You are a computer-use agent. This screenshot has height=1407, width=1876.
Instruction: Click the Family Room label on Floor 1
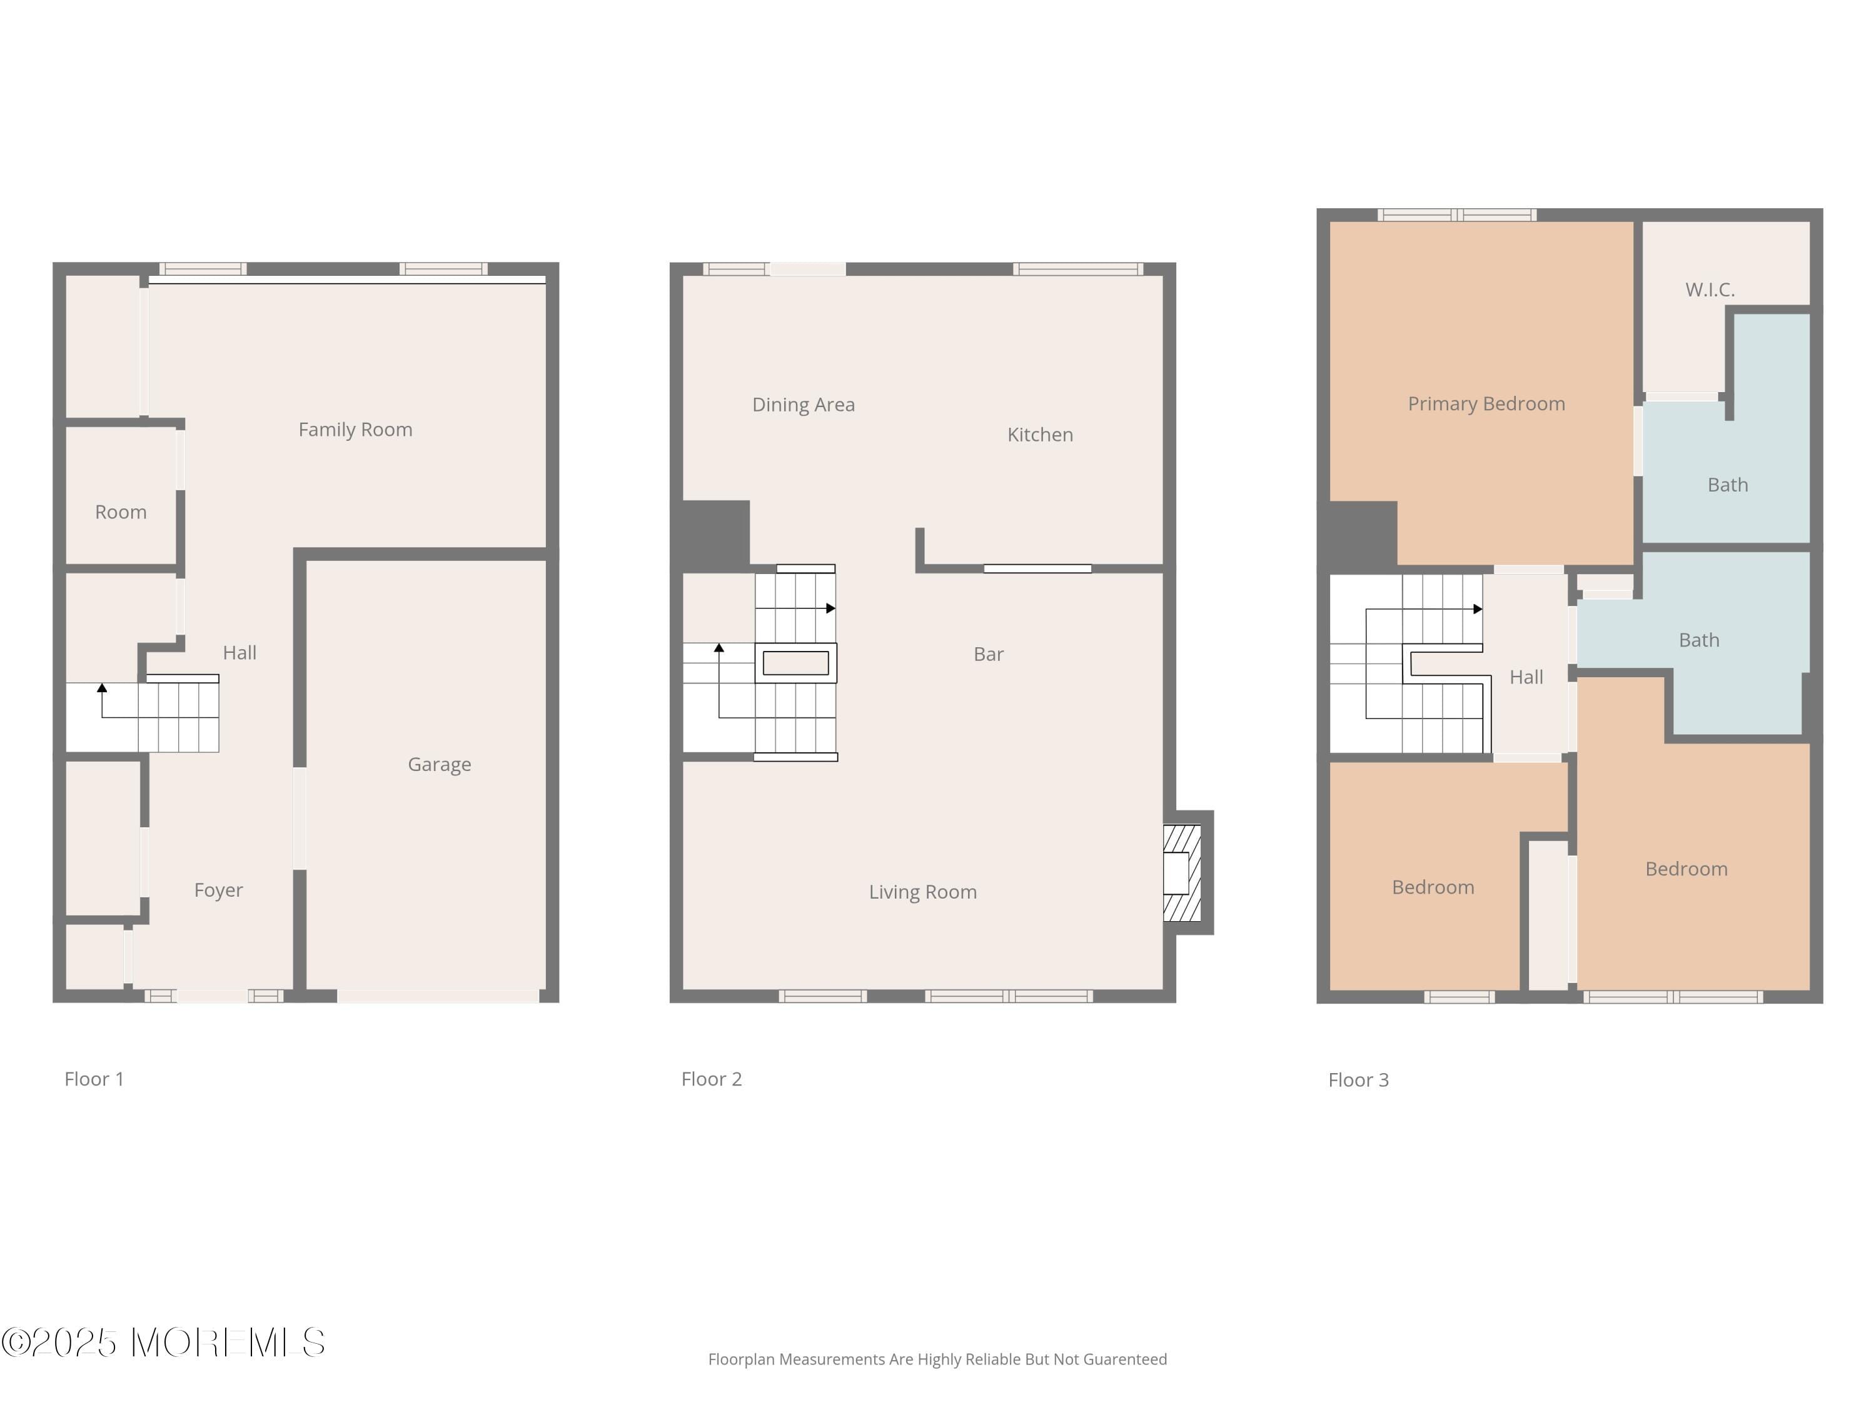[355, 430]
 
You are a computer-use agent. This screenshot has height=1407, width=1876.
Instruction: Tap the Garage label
[440, 764]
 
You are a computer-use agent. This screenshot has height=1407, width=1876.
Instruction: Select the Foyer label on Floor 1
[218, 890]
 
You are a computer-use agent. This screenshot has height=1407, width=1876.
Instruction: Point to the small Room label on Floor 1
[121, 512]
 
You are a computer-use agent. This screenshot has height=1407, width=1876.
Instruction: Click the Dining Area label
[803, 405]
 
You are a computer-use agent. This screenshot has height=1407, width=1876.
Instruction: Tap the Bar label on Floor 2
[988, 654]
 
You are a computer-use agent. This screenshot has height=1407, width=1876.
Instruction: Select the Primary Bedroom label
[1486, 404]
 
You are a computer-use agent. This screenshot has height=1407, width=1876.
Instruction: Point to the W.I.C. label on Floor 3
[1710, 290]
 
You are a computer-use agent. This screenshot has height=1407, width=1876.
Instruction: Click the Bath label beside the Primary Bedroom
[1728, 485]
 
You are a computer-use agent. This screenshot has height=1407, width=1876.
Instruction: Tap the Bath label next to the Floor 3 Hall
[1699, 640]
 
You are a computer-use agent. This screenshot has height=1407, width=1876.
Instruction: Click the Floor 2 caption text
[712, 1079]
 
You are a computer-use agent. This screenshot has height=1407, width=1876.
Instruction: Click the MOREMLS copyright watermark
[163, 1343]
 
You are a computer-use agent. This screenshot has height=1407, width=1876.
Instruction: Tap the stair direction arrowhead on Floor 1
[102, 688]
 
